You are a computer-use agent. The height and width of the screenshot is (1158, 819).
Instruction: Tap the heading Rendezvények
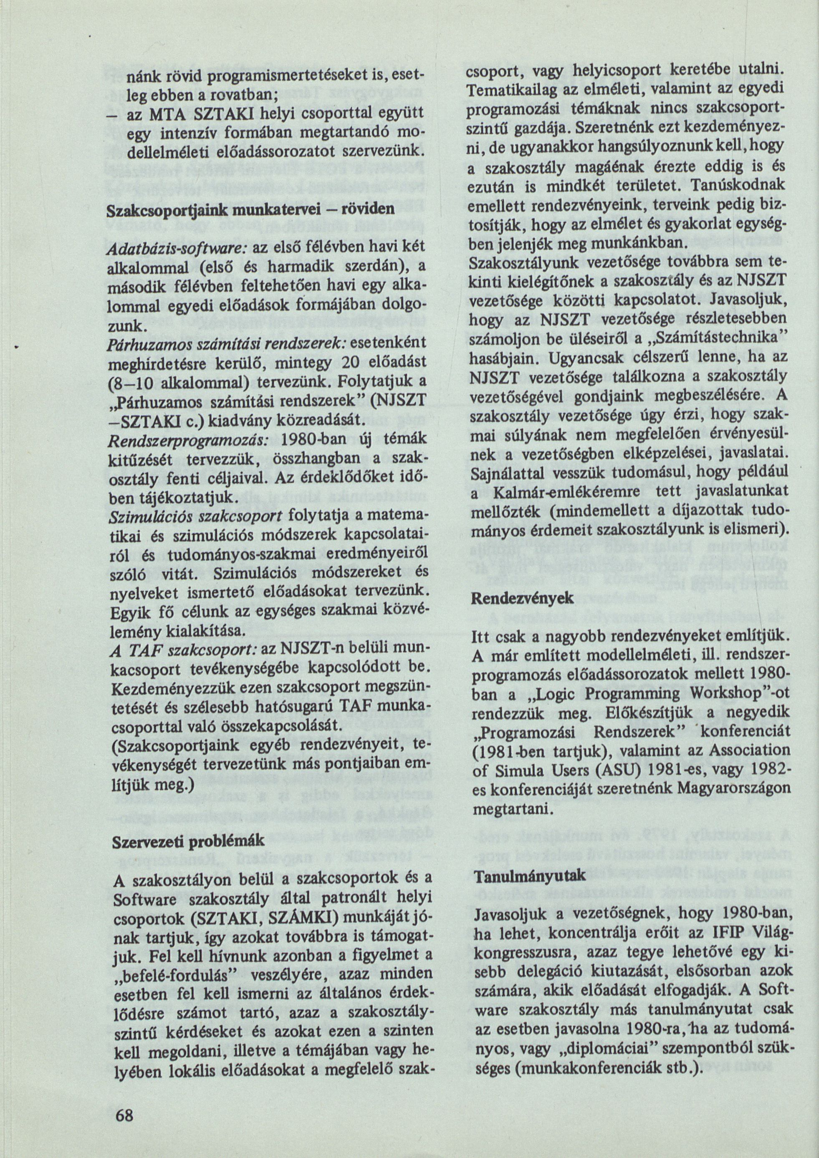[x=522, y=598]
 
